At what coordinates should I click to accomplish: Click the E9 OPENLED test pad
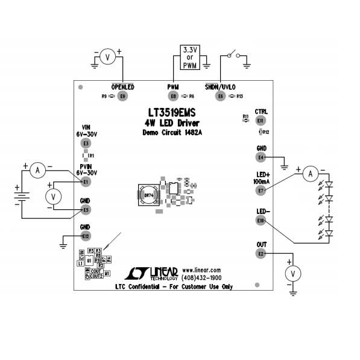click(x=123, y=96)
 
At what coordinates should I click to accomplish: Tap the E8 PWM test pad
click(x=174, y=96)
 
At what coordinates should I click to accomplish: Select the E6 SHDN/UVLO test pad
click(x=221, y=96)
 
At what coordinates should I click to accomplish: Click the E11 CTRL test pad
click(x=261, y=121)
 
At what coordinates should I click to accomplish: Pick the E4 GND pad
click(x=261, y=157)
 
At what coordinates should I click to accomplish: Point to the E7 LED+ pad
click(x=261, y=191)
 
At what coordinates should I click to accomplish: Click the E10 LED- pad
click(x=261, y=221)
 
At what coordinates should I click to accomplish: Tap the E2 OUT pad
click(x=261, y=254)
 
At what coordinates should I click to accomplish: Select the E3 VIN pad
click(x=86, y=144)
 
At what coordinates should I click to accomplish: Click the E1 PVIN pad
click(x=86, y=182)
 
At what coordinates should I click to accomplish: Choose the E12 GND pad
click(x=86, y=236)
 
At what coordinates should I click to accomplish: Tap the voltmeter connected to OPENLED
click(x=107, y=57)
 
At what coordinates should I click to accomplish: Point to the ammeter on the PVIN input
click(x=37, y=171)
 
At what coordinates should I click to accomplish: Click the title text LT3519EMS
click(x=171, y=113)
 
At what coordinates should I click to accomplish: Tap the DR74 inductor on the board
click(x=148, y=195)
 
